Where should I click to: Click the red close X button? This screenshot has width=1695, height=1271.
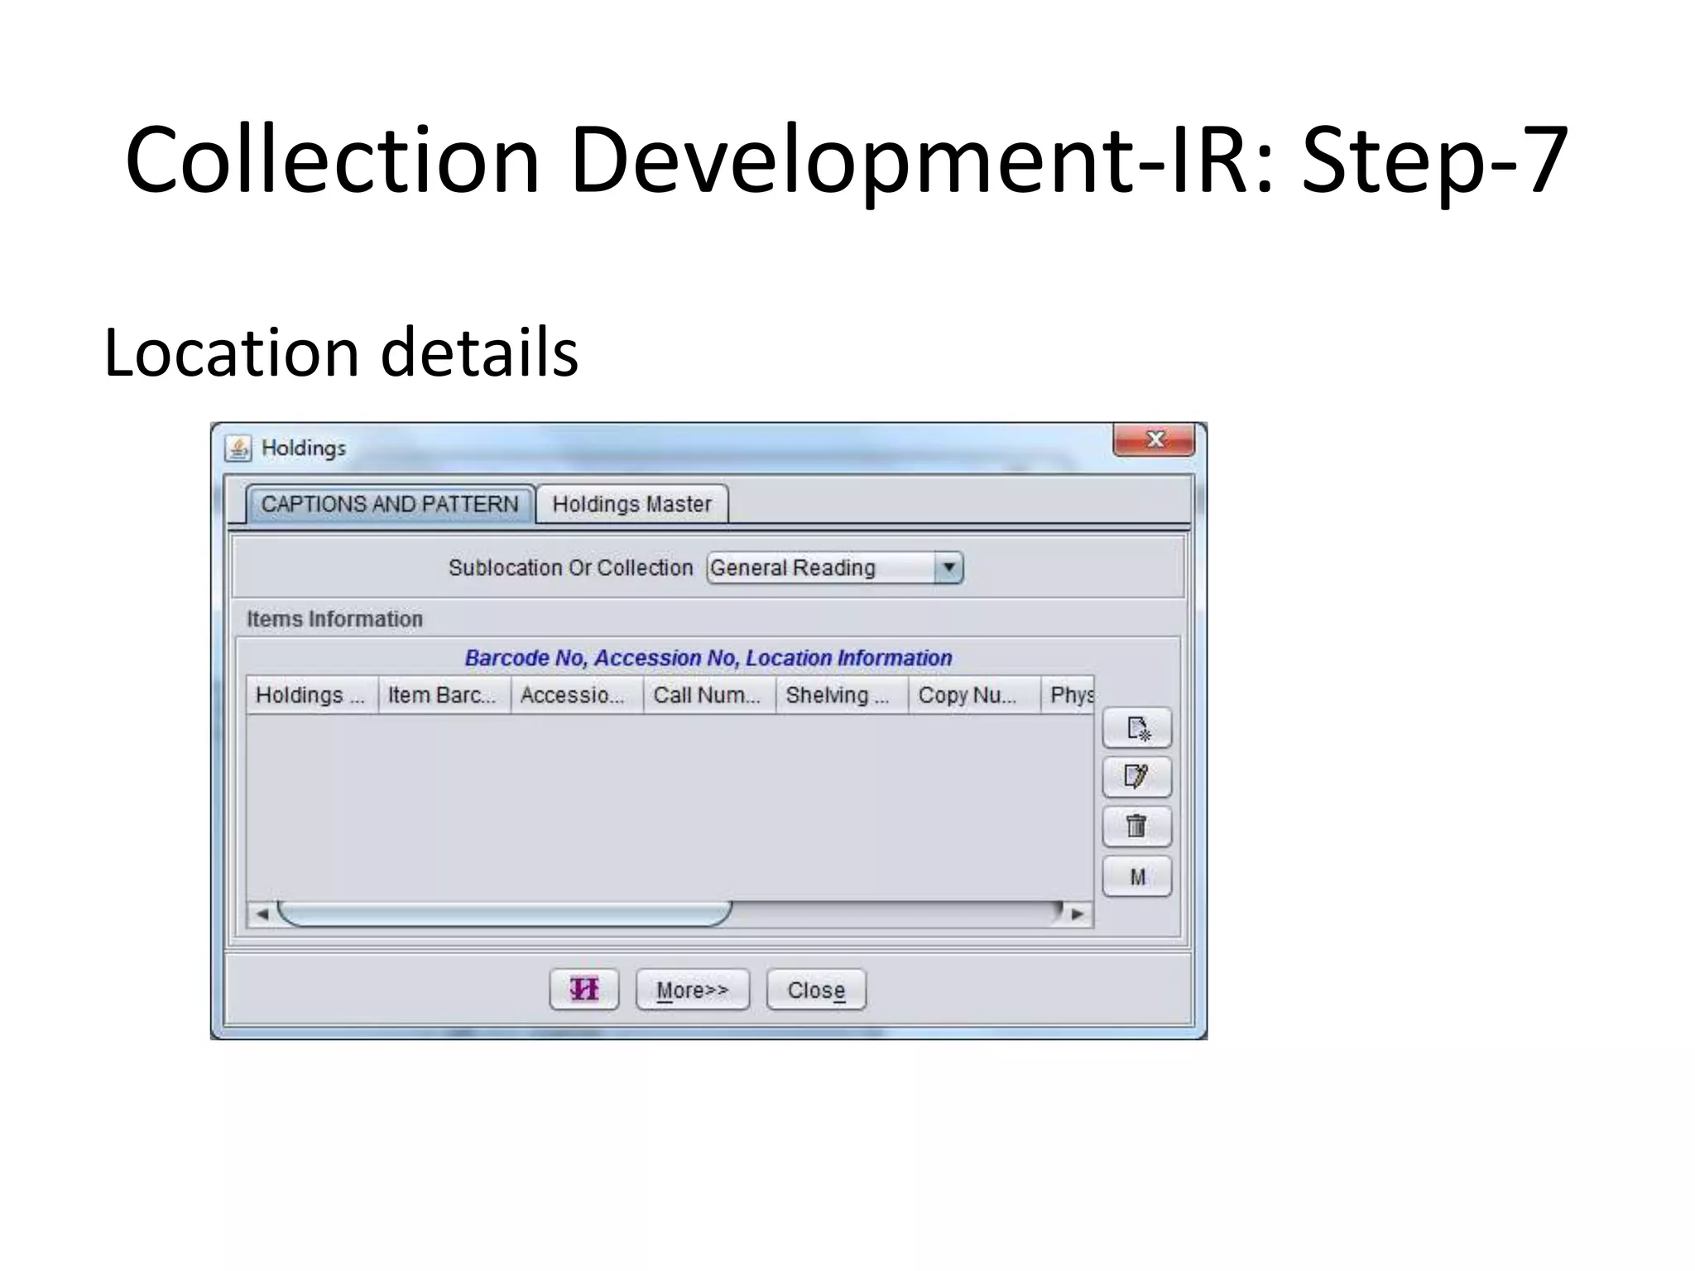click(x=1154, y=439)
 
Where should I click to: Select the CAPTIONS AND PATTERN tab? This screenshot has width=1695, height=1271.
click(x=390, y=504)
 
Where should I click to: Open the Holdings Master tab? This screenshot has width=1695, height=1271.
click(x=631, y=504)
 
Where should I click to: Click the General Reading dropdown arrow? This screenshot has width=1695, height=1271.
click(x=948, y=568)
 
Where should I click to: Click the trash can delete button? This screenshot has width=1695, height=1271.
click(x=1136, y=827)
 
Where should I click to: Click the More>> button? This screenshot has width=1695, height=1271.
click(x=692, y=990)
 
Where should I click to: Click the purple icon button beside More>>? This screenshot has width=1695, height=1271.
click(x=583, y=990)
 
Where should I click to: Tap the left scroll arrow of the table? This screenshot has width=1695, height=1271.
click(x=262, y=914)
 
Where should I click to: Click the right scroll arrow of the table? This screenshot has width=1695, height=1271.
click(x=1077, y=914)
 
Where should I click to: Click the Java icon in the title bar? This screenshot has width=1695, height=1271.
click(x=238, y=448)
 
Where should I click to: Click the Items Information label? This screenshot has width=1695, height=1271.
click(x=334, y=619)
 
